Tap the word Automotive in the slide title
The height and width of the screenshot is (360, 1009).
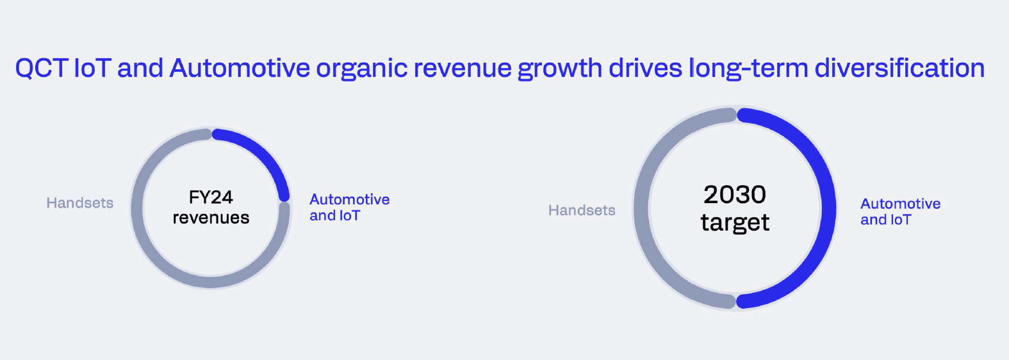[x=240, y=68]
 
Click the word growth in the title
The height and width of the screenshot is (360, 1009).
[x=559, y=68]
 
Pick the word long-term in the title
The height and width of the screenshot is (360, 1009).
[x=748, y=68]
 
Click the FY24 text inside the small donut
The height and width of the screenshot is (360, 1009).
[x=211, y=197]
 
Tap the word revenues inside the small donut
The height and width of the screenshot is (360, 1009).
[x=211, y=218]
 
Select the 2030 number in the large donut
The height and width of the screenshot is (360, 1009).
[x=735, y=194]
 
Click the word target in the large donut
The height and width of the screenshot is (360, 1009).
[x=735, y=223]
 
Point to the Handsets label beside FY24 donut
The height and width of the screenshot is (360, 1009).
[x=79, y=203]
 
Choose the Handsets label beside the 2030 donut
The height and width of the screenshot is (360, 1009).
[x=582, y=210]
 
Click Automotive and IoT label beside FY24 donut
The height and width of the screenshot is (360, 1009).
[x=349, y=208]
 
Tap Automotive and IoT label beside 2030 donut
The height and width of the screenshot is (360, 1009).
[x=900, y=211]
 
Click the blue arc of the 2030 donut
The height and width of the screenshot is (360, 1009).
[x=828, y=208]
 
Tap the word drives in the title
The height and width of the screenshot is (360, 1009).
[x=645, y=68]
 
